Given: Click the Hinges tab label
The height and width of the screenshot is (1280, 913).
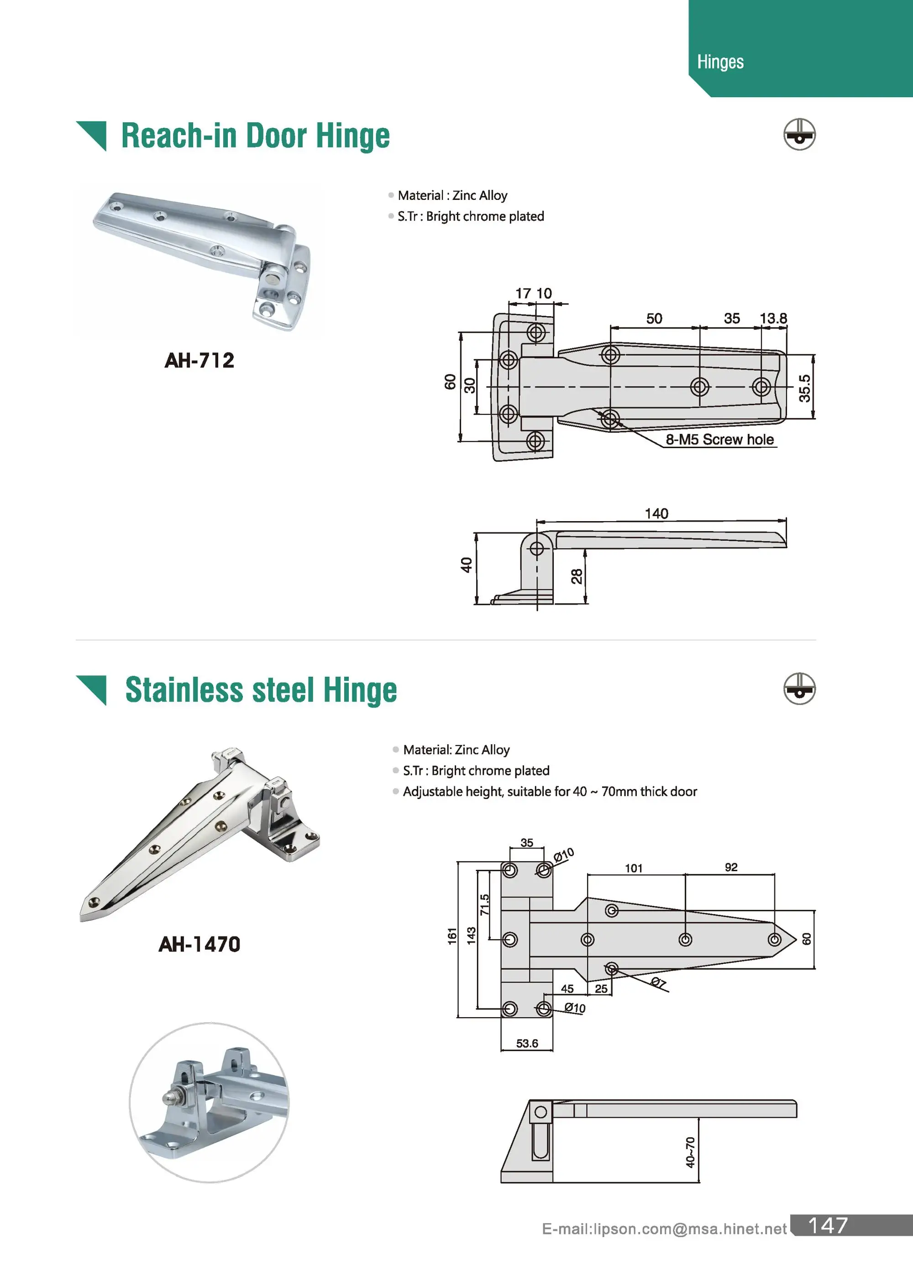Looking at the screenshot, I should point(720,62).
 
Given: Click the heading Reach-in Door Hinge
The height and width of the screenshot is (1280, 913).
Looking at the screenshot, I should point(255,136).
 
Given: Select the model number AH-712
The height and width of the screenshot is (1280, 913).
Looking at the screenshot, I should point(199,360).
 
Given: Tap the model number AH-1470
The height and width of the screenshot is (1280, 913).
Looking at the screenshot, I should point(199,944).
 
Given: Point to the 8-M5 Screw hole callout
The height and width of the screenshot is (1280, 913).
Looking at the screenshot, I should point(719,439).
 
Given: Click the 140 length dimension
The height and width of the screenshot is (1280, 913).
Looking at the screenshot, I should point(656,513).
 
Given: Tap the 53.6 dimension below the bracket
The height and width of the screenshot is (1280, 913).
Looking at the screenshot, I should point(527,1044).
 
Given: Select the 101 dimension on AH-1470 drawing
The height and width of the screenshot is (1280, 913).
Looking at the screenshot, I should point(634,868).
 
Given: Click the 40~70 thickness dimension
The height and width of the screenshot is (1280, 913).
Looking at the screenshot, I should point(690,1152).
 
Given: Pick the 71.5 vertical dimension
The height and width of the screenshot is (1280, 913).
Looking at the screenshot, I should point(485,904).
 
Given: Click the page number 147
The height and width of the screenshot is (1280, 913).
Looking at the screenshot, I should point(828,1226).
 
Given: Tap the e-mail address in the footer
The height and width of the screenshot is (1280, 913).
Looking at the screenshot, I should point(664,1229).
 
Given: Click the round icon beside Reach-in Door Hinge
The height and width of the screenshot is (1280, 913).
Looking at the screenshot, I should point(799,134).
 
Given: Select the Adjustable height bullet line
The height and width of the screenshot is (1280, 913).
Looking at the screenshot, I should point(549,791).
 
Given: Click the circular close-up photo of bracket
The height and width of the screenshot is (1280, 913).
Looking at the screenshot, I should point(209,1103).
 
